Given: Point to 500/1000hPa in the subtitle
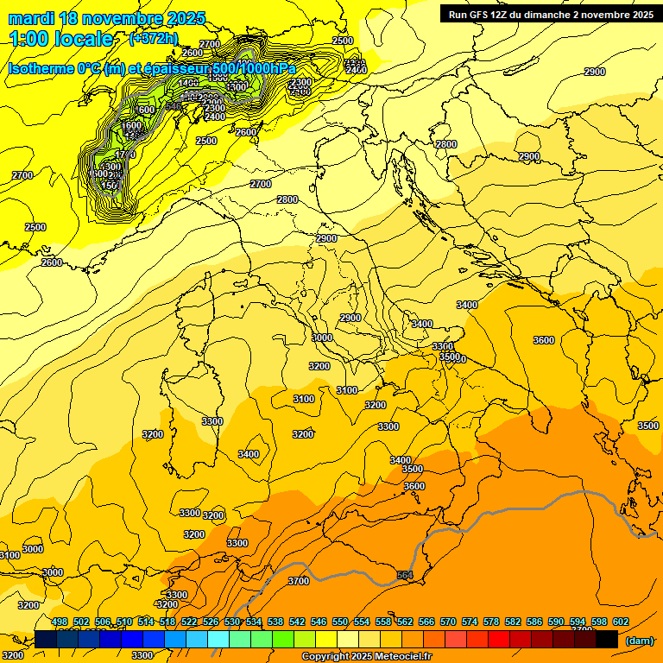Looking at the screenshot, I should pos(253,69).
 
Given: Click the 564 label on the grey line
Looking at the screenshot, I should pos(405,575).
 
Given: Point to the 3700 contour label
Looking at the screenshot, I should pos(298,581).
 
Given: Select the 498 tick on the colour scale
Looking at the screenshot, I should pos(60,622).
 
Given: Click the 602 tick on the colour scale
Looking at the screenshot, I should pos(620,622).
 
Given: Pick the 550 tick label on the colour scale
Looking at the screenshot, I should pos(340,622).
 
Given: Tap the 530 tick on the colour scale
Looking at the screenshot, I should pos(232,622).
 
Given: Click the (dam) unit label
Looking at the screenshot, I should pos(639,640).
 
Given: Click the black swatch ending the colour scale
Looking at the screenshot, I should pos(607,639).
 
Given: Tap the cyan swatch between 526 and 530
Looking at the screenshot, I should pos(218,639).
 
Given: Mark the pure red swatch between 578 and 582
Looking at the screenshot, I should pos(499,639).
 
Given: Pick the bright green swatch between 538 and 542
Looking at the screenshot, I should pos(283,639).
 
